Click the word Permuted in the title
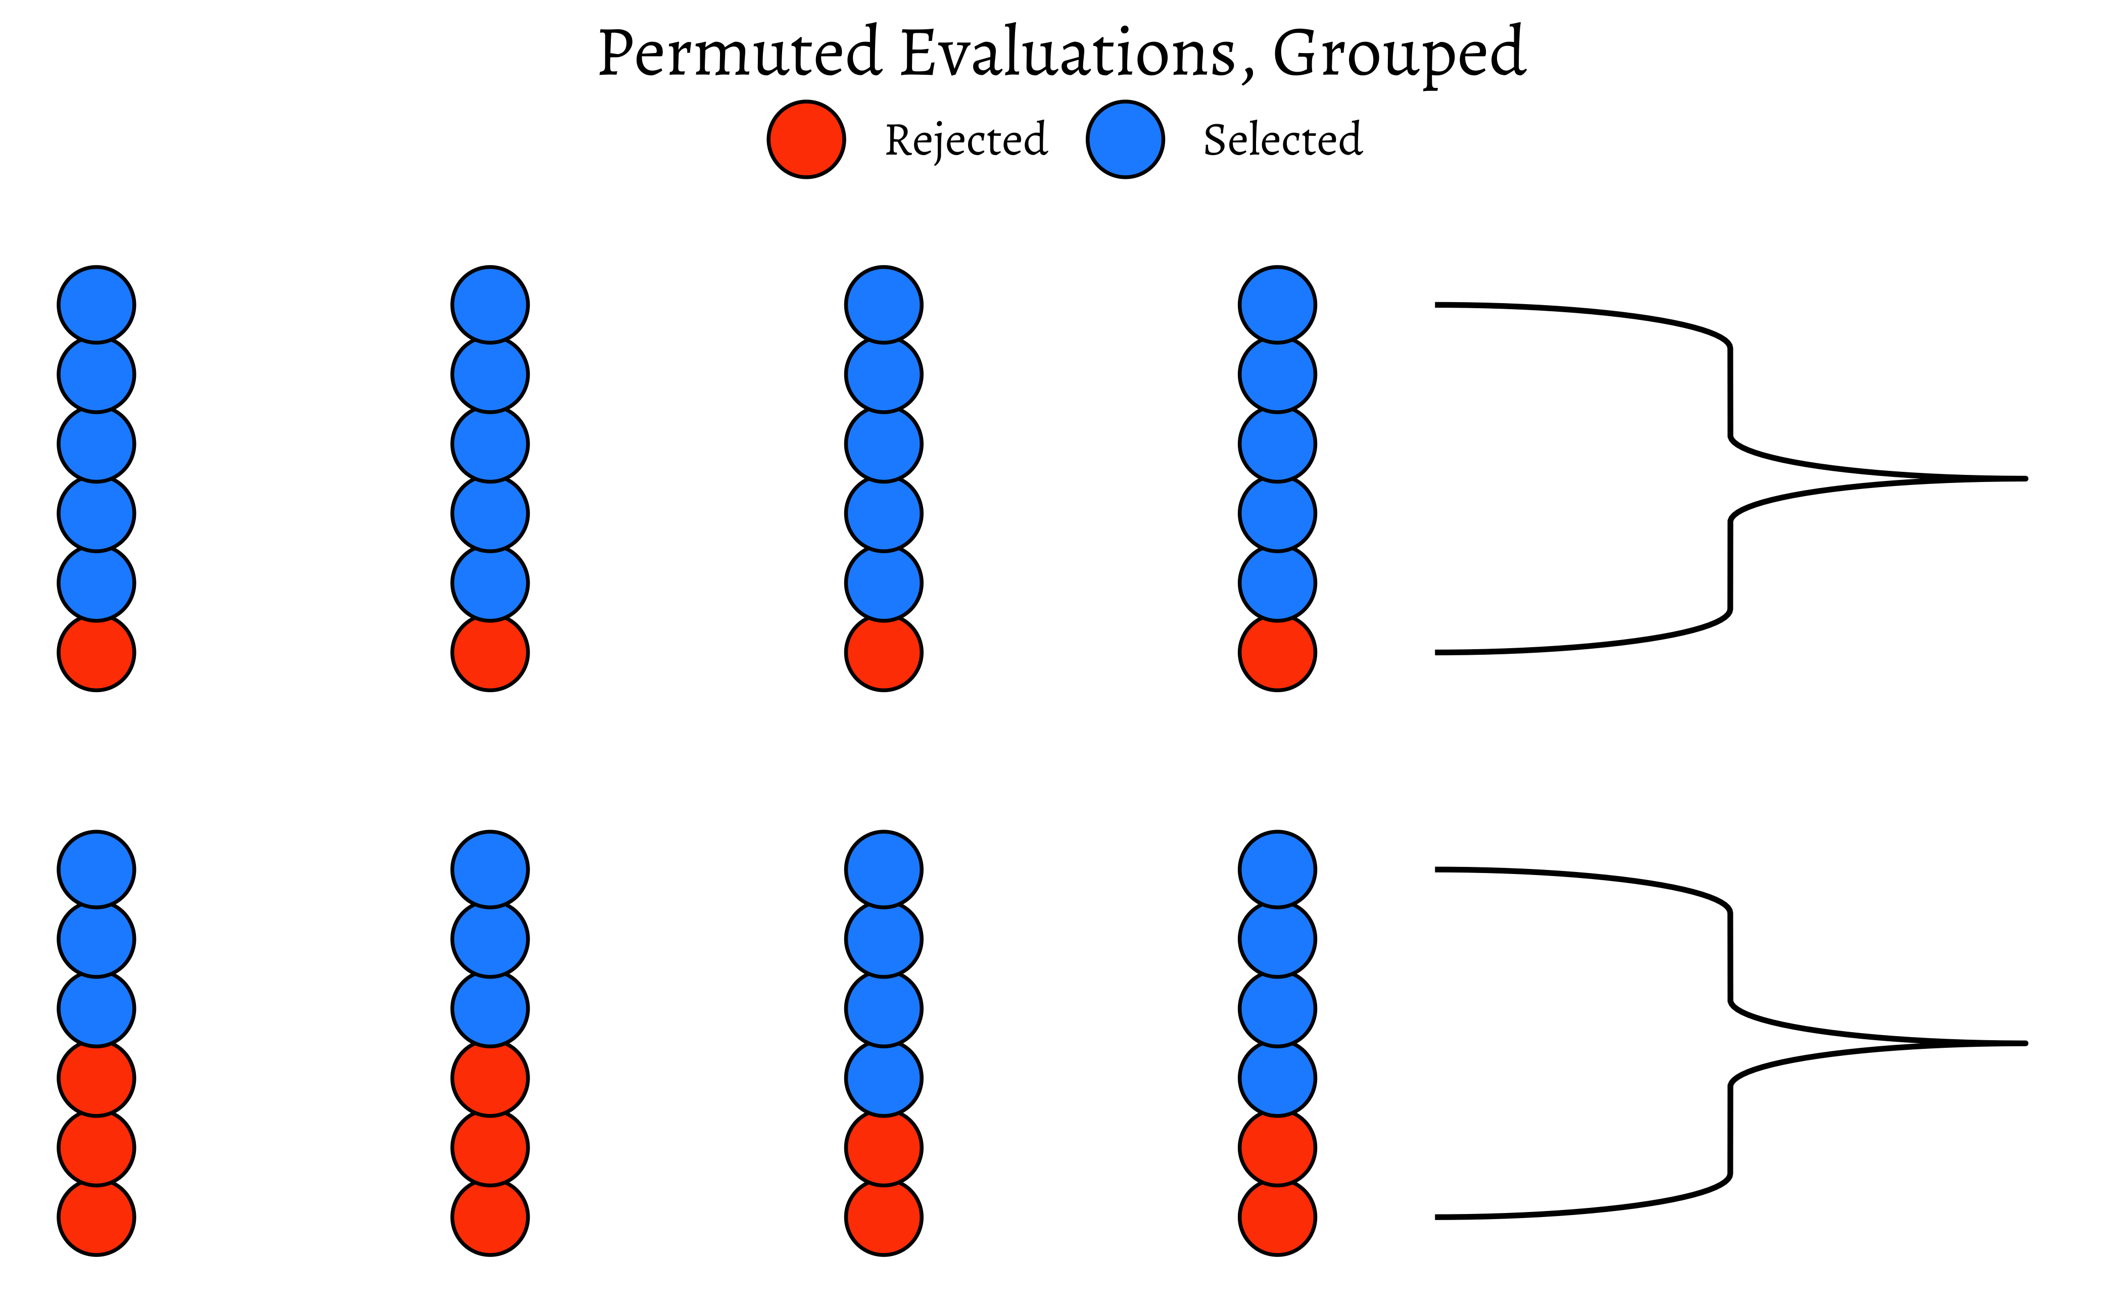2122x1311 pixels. pyautogui.click(x=739, y=54)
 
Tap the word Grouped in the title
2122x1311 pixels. pyautogui.click(x=1398, y=54)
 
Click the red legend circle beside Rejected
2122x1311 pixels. pyautogui.click(x=806, y=139)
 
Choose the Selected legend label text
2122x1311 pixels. pyautogui.click(x=1283, y=139)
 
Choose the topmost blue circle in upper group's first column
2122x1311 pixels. pyautogui.click(x=97, y=304)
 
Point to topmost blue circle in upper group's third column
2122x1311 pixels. pyautogui.click(x=884, y=304)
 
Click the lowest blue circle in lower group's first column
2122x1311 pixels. pyautogui.click(x=97, y=1008)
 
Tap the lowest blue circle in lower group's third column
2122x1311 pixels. pyautogui.click(x=884, y=1078)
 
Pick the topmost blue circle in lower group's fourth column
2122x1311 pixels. pyautogui.click(x=1277, y=869)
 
